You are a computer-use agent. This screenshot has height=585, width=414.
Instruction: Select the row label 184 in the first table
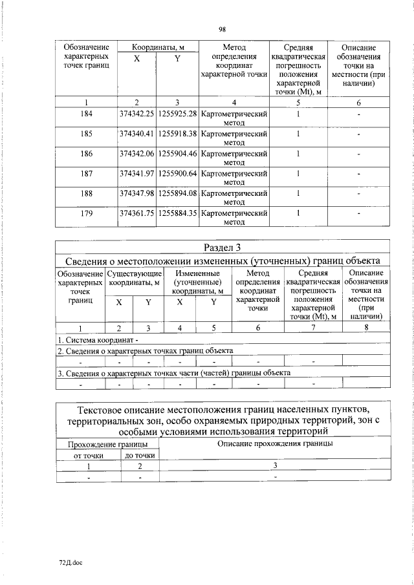tap(87, 114)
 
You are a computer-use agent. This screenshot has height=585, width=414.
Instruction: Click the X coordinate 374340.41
tap(136, 134)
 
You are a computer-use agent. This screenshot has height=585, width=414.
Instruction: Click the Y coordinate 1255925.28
tap(177, 114)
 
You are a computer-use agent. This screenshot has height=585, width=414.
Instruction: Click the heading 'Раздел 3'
tap(222, 247)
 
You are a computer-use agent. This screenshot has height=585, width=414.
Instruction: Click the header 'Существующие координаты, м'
tap(134, 277)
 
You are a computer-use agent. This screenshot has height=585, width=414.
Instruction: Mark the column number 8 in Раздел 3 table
tap(365, 328)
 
